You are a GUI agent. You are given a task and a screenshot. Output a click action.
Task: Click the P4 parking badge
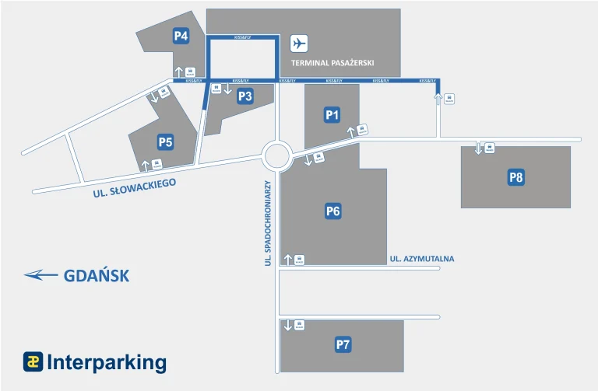pyautogui.click(x=181, y=35)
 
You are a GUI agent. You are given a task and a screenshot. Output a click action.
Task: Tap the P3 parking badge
pyautogui.click(x=245, y=96)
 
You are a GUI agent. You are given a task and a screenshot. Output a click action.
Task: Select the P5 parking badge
pyautogui.click(x=165, y=141)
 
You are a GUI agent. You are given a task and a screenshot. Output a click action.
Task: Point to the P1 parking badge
pyautogui.click(x=332, y=115)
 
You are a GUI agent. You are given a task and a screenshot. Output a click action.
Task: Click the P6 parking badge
pyautogui.click(x=333, y=211)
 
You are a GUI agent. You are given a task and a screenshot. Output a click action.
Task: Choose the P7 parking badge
pyautogui.click(x=343, y=344)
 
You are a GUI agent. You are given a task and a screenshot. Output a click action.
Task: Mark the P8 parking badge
pyautogui.click(x=515, y=177)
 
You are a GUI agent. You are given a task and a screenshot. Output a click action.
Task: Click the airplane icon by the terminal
pyautogui.click(x=299, y=44)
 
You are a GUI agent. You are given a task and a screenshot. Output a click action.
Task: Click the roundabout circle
pyautogui.click(x=276, y=155)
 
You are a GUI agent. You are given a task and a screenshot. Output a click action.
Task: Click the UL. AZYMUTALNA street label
pyautogui.click(x=421, y=259)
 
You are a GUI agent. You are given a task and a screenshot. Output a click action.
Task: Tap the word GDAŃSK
pyautogui.click(x=96, y=275)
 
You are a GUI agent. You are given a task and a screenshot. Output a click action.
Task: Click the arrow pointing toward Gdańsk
pyautogui.click(x=41, y=274)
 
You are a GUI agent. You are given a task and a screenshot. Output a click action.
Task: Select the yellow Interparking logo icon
pyautogui.click(x=32, y=361)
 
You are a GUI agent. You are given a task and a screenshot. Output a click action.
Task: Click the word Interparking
pyautogui.click(x=107, y=362)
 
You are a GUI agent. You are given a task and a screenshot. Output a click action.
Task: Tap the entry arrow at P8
pyautogui.click(x=479, y=148)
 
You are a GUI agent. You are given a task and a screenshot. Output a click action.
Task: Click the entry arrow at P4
pyautogui.click(x=179, y=71)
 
